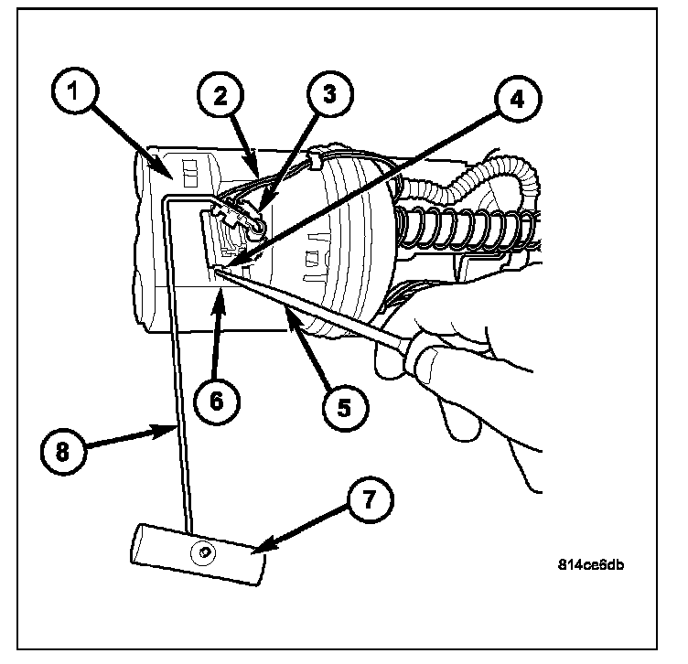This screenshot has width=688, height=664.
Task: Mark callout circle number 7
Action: pos(364,499)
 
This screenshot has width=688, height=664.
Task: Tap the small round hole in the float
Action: pos(204,551)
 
